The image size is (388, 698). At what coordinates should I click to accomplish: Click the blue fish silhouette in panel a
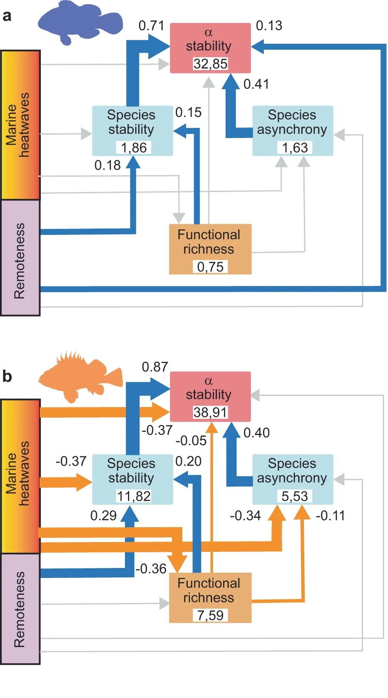[x=79, y=21]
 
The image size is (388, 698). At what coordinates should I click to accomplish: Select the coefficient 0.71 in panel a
[x=151, y=25]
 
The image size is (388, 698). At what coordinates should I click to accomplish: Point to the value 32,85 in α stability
[x=210, y=64]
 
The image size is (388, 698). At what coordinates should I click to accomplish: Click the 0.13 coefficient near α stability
[x=269, y=25]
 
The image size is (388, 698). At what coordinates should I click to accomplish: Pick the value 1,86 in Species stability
[x=133, y=147]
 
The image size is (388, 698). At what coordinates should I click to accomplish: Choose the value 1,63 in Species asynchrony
[x=295, y=147]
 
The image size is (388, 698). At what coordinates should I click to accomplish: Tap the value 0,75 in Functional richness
[x=210, y=267]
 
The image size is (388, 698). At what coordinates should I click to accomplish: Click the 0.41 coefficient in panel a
[x=256, y=84]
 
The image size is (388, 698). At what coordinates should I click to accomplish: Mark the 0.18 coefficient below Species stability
[x=108, y=165]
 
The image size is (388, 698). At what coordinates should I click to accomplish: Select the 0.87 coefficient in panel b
[x=155, y=367]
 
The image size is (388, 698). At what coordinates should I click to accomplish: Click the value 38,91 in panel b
[x=210, y=412]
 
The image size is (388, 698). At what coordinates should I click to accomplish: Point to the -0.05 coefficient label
[x=191, y=441]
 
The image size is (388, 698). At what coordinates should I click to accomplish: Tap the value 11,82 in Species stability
[x=133, y=496]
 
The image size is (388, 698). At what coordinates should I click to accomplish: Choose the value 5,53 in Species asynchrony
[x=295, y=496]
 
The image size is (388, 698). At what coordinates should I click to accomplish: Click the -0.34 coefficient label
[x=245, y=516]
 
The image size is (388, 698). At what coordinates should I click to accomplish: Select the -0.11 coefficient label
[x=330, y=516]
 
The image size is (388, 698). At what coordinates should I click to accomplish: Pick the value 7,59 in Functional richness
[x=210, y=615]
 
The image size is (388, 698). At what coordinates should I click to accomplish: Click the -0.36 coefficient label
[x=151, y=568]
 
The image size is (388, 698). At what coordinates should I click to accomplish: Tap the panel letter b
[x=7, y=376]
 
